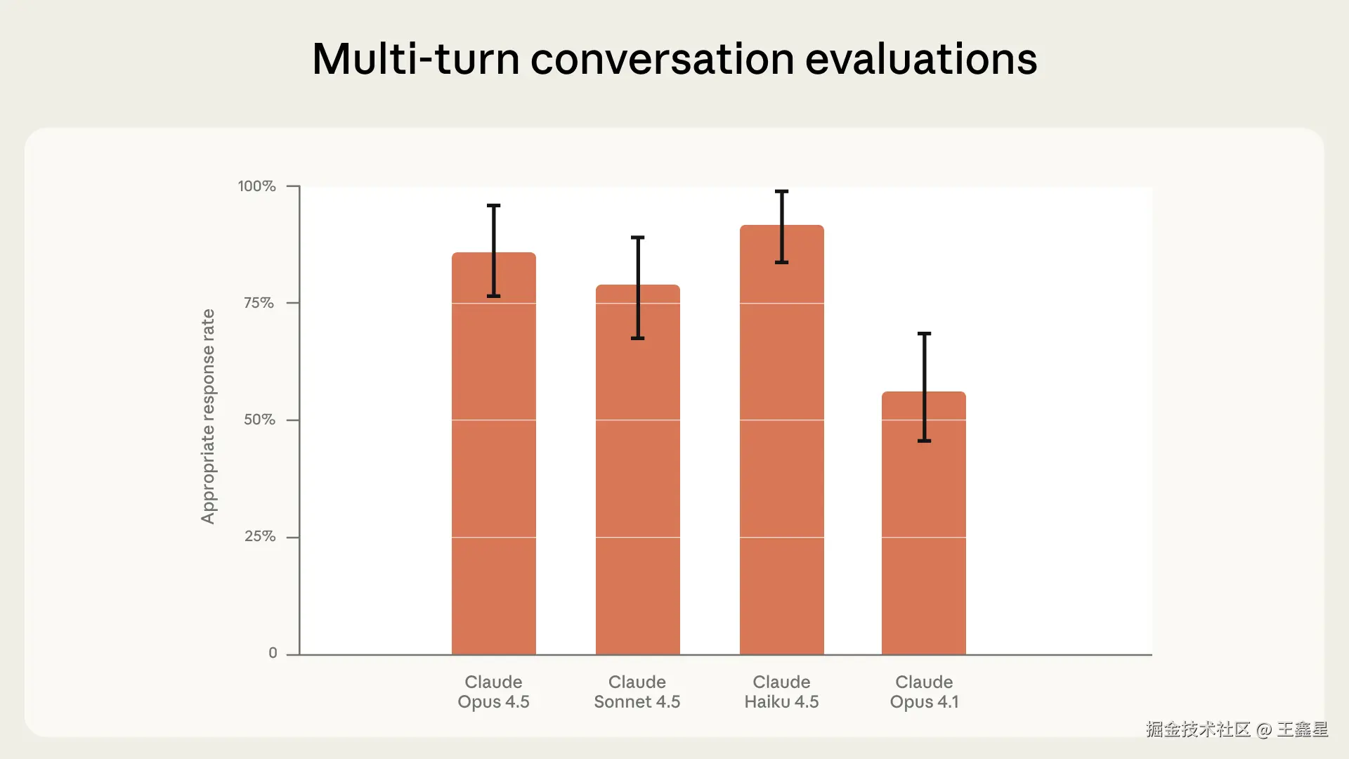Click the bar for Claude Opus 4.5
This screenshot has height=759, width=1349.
click(x=494, y=453)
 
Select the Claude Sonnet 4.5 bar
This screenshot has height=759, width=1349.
click(x=638, y=469)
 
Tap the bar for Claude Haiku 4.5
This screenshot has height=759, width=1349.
click(x=782, y=440)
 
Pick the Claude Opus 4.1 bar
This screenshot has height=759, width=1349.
click(x=924, y=523)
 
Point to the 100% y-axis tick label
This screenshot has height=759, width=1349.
click(x=256, y=186)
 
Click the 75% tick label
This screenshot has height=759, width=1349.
click(x=259, y=303)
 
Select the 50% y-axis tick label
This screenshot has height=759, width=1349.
click(x=259, y=420)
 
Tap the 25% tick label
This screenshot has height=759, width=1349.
click(x=259, y=536)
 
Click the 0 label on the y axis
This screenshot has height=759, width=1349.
click(x=273, y=653)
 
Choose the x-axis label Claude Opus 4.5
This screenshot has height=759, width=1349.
click(x=493, y=692)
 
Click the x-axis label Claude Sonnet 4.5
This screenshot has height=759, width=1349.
click(x=637, y=692)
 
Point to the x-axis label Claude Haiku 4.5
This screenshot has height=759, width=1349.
click(x=781, y=692)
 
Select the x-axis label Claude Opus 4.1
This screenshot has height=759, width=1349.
click(x=924, y=692)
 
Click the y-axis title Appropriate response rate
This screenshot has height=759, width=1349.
click(x=208, y=416)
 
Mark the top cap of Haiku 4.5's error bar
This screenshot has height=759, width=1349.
click(x=782, y=191)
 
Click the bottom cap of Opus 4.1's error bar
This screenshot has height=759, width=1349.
click(x=925, y=441)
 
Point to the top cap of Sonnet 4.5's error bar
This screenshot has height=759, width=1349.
click(x=638, y=238)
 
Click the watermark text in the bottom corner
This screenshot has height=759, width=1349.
click(x=1237, y=729)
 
